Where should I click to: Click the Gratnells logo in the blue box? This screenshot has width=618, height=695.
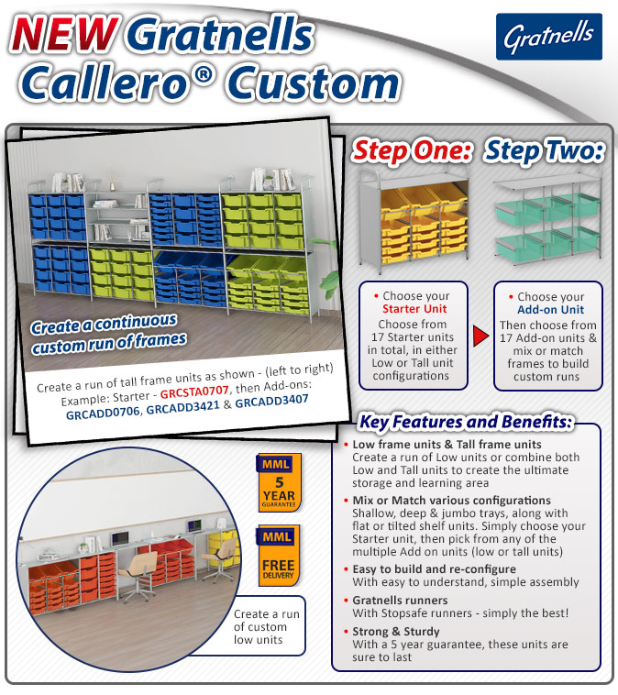(549, 37)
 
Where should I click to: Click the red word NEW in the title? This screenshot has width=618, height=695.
(65, 34)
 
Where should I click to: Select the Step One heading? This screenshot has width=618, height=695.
(412, 150)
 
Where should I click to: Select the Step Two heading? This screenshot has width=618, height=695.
(545, 150)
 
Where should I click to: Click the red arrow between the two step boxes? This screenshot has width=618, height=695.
(481, 336)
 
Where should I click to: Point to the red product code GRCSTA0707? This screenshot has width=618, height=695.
(194, 392)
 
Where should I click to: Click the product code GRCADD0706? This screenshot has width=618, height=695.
(103, 414)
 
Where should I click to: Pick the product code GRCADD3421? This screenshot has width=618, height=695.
(182, 407)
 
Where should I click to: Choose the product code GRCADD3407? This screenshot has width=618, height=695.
(271, 402)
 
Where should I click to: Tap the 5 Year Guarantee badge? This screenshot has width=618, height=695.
(279, 482)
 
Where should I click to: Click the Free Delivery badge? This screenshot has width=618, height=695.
(279, 555)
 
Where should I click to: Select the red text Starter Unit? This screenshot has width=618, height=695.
(414, 309)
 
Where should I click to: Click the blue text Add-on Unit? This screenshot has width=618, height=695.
(551, 310)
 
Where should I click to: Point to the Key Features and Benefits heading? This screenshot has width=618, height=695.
(466, 422)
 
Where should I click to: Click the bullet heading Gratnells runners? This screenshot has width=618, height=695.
(400, 601)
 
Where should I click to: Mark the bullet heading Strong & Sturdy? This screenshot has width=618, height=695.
(396, 631)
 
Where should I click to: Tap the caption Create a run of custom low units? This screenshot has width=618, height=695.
(267, 627)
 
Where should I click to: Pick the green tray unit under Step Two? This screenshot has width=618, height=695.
(548, 218)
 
